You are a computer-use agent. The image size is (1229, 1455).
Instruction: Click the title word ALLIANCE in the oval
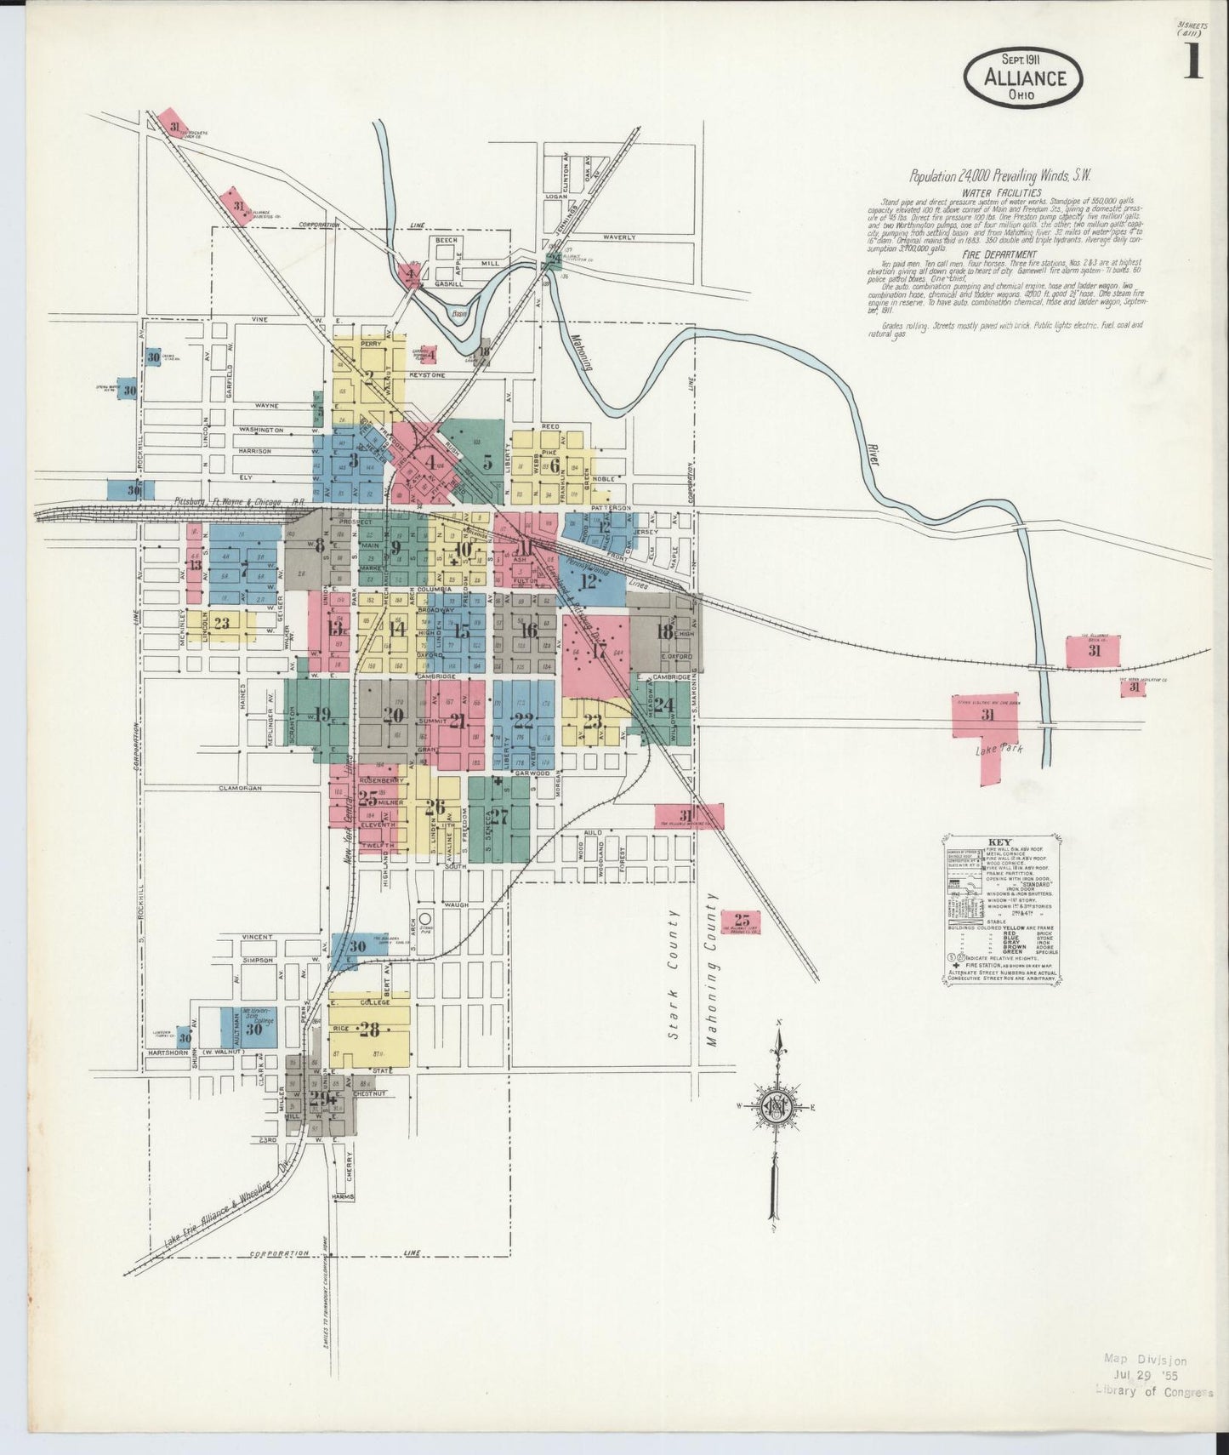tap(1024, 77)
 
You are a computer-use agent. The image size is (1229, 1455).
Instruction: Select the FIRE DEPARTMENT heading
tap(999, 254)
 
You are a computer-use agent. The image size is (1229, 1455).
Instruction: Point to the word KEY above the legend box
tap(1000, 842)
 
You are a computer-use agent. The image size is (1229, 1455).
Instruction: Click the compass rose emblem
tap(777, 1106)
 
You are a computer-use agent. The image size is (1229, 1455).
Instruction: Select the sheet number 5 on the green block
tap(487, 463)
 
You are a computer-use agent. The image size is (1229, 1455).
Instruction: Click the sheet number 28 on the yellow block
tap(369, 1030)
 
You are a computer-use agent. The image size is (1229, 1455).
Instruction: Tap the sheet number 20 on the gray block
tap(392, 715)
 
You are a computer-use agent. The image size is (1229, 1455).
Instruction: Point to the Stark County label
tap(674, 974)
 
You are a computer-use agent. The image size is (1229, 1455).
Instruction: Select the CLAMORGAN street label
tap(239, 788)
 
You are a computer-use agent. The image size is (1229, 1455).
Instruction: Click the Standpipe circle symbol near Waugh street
tap(424, 919)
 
